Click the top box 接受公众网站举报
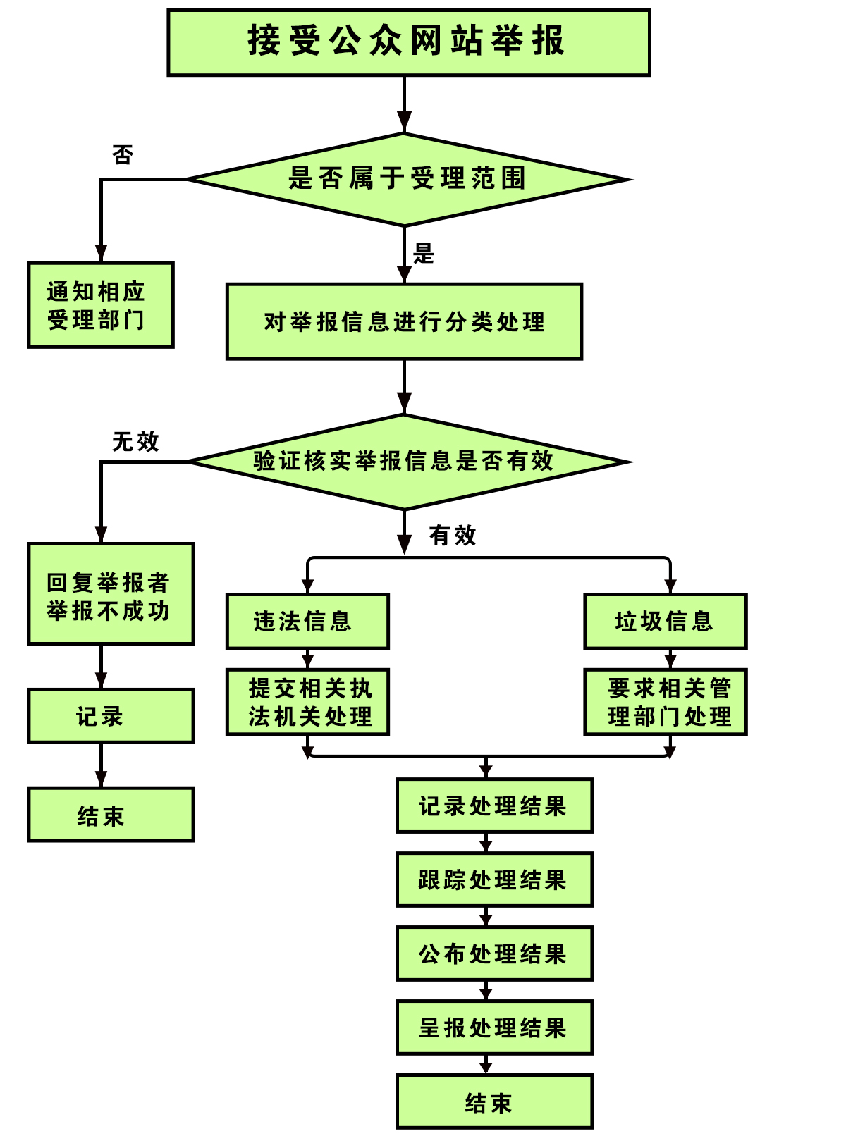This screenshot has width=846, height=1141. coord(408,42)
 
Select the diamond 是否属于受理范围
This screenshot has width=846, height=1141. coord(407,179)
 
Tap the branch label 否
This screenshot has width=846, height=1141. coord(123,155)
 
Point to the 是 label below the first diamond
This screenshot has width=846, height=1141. coord(424,254)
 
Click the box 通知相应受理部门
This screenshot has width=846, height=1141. coord(101,305)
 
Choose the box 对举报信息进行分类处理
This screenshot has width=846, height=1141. coord(404,321)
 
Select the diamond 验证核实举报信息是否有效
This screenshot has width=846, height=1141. coord(405,462)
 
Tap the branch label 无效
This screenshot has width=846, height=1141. coord(135,442)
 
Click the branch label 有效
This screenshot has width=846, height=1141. coord(453,536)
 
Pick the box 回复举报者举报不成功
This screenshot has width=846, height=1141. coord(111,593)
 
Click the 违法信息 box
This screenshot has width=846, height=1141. coord(307,621)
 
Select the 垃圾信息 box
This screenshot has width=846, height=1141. coord(665,621)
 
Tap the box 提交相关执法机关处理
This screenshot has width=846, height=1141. coord(307,702)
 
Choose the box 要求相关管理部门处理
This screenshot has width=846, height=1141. coord(665,702)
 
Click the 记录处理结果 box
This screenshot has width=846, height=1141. coord(494,806)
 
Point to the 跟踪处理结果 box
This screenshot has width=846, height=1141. coord(494,880)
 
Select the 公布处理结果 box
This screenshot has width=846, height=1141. coord(494,954)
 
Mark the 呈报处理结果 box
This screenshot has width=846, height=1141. coord(494,1028)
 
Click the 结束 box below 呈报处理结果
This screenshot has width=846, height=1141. coord(494,1102)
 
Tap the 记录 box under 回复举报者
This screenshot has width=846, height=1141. coord(111,716)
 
